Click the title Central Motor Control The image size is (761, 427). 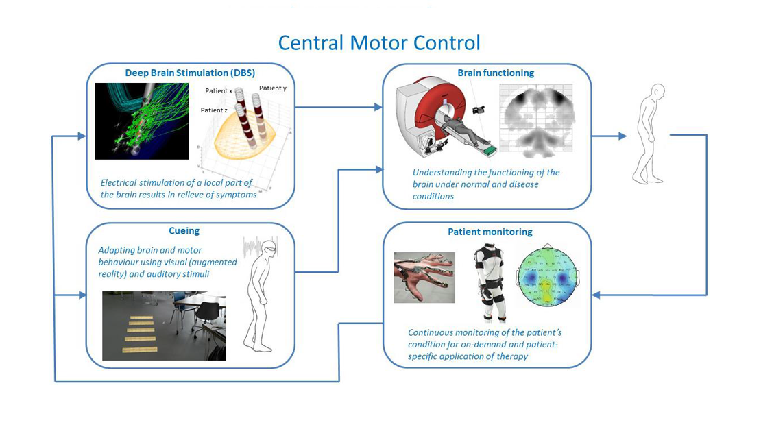point(379,42)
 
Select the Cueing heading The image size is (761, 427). point(184,231)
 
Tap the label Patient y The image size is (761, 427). point(273,88)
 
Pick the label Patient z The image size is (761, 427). point(214,110)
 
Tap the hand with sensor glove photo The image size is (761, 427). point(424,278)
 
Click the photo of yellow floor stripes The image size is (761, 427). point(164,325)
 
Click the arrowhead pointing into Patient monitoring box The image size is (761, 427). point(596,295)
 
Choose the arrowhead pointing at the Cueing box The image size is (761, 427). point(82,295)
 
